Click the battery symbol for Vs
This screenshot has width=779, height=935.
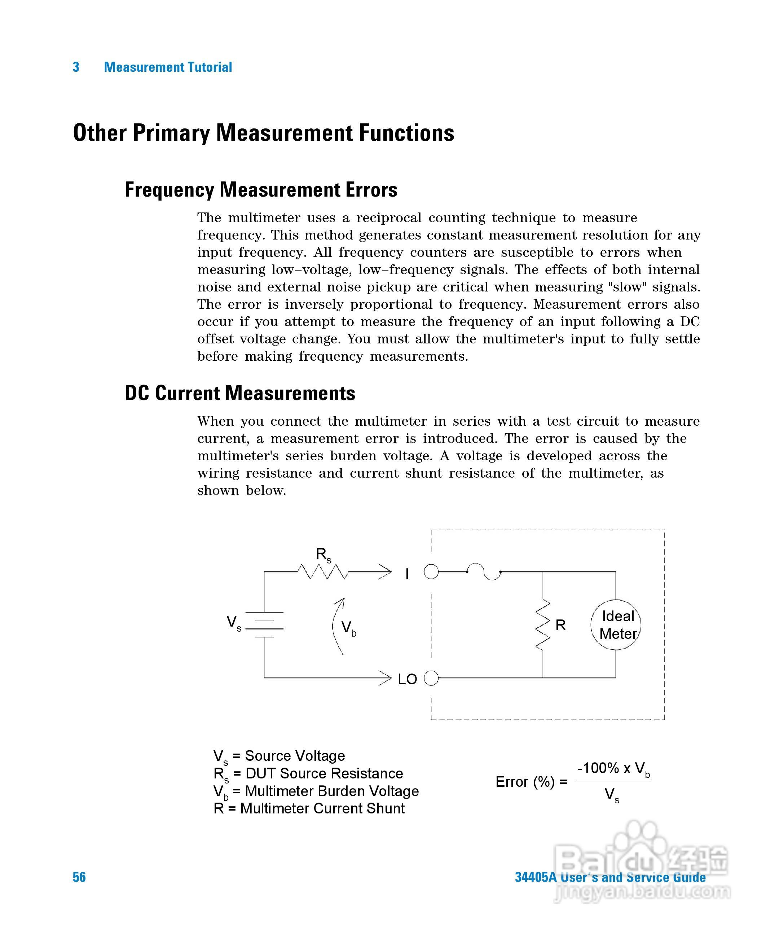264,625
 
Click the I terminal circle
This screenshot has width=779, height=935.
431,571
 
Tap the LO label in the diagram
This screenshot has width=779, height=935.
407,680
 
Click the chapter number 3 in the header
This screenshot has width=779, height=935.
76,67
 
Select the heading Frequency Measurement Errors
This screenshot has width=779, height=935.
261,190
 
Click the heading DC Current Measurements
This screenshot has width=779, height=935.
240,393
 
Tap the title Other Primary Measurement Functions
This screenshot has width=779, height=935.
264,133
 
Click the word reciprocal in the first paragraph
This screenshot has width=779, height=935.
389,218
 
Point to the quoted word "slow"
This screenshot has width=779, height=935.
627,287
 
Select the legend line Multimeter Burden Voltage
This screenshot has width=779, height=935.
316,791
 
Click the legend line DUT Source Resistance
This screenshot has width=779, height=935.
308,773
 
